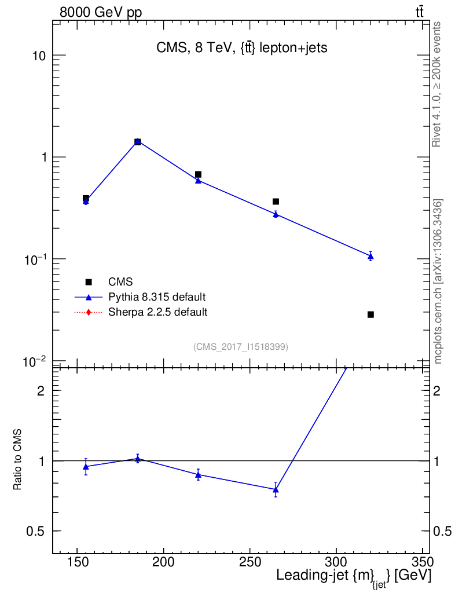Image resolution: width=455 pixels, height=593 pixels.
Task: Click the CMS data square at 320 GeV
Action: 370,314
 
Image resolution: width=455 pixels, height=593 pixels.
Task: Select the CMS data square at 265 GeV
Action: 276,202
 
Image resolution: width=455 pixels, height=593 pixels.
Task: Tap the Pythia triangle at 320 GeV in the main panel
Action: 370,256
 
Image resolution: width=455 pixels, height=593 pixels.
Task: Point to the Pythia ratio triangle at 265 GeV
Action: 276,489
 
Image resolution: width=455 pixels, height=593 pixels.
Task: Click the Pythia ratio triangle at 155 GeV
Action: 86,466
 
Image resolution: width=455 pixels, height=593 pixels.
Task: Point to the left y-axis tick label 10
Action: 38,56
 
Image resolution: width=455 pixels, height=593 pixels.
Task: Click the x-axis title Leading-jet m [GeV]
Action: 353,577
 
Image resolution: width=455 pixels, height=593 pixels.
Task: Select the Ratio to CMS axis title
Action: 18,461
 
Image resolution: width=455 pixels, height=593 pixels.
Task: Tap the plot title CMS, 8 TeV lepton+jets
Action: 242,48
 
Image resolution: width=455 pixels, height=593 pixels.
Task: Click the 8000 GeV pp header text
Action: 101,13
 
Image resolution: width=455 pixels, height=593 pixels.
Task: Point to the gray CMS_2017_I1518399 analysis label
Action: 241,347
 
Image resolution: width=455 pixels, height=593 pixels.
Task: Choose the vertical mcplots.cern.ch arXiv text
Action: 438,281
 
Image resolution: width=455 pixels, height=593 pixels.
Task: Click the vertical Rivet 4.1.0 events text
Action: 437,84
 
